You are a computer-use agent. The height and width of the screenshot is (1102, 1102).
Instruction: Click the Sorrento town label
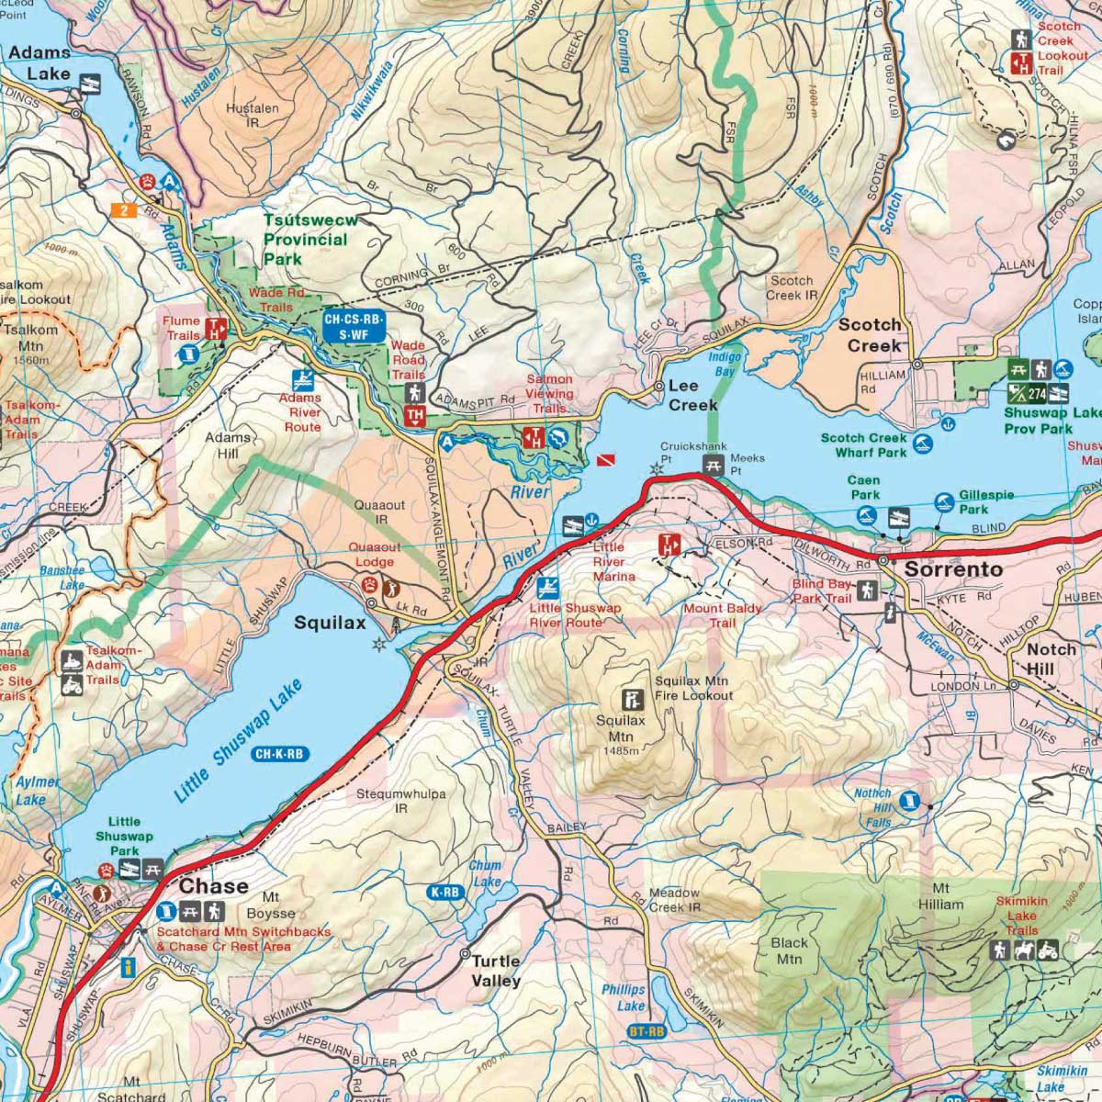point(953,569)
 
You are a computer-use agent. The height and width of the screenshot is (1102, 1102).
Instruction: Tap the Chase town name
point(213,886)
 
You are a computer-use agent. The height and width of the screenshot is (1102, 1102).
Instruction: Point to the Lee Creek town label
point(692,395)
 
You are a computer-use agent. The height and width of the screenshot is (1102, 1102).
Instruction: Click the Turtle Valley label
point(496,971)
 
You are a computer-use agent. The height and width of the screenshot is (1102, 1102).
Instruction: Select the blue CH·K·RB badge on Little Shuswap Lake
point(280,755)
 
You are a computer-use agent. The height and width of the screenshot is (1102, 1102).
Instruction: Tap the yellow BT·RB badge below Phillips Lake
point(647,1032)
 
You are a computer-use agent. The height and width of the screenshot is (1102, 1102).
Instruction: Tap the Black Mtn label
point(789,950)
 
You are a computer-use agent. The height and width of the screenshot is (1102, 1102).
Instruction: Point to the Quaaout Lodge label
point(374,555)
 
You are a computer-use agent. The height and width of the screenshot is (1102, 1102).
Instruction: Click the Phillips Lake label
point(624,997)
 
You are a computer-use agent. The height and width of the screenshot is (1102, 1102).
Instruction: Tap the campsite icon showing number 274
point(1038,394)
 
